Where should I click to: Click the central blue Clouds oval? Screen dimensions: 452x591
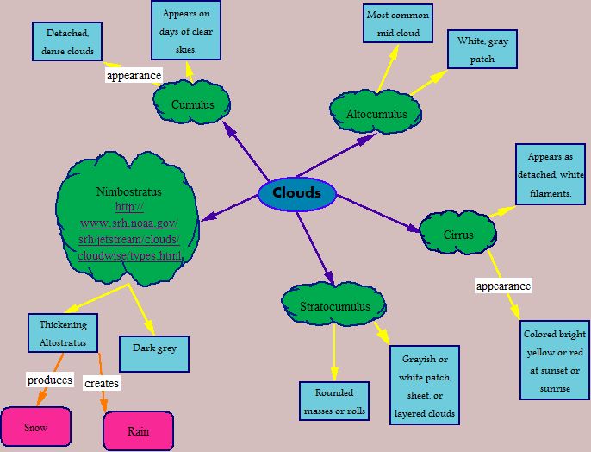(296, 192)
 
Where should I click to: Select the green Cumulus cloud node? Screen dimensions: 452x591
(193, 104)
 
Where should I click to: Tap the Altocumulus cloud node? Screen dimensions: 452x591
(376, 114)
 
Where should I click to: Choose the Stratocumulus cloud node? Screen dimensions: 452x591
(335, 306)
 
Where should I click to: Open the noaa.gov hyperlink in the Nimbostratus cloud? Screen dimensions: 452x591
(129, 231)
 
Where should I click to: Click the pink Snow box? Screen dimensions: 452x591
(36, 427)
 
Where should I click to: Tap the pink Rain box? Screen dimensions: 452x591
(138, 431)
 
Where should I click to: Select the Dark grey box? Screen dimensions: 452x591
(154, 348)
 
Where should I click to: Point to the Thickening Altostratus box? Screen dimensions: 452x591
(63, 333)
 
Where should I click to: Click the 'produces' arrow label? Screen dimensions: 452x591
(49, 380)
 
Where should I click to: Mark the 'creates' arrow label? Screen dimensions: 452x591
(102, 383)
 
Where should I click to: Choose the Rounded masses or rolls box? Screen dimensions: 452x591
(335, 403)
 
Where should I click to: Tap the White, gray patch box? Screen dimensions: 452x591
(482, 50)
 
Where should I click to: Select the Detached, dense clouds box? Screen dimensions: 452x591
(68, 41)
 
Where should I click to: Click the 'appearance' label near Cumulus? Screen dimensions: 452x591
(134, 75)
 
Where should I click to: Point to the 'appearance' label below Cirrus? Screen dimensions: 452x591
(504, 286)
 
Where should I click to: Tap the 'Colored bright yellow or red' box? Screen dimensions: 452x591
(555, 361)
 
